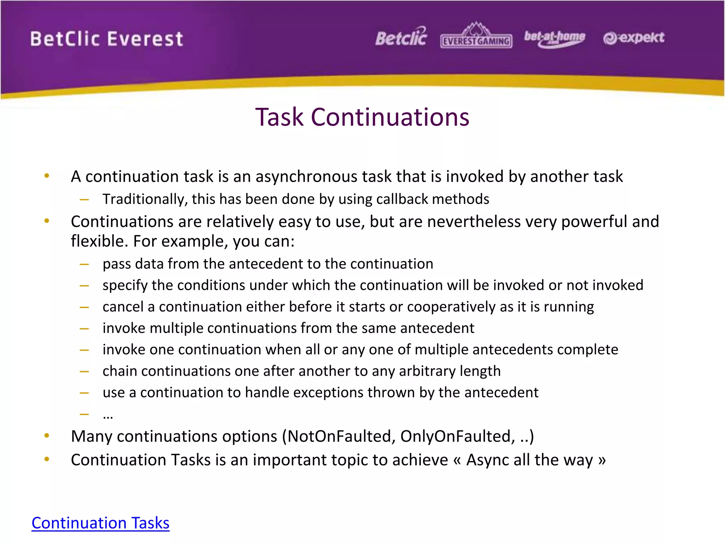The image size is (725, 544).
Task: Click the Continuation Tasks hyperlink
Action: [x=101, y=523]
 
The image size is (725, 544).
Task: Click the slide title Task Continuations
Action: [x=362, y=117]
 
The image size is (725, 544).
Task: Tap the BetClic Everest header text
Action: [x=107, y=39]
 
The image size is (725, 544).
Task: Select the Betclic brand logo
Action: [x=401, y=37]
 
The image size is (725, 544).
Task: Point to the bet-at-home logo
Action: [x=554, y=38]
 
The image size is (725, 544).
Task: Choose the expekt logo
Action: [x=634, y=38]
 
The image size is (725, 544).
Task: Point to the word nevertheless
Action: [x=474, y=222]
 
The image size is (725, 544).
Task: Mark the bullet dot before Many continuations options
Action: [x=47, y=436]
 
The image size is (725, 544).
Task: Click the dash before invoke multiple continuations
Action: [x=84, y=329]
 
